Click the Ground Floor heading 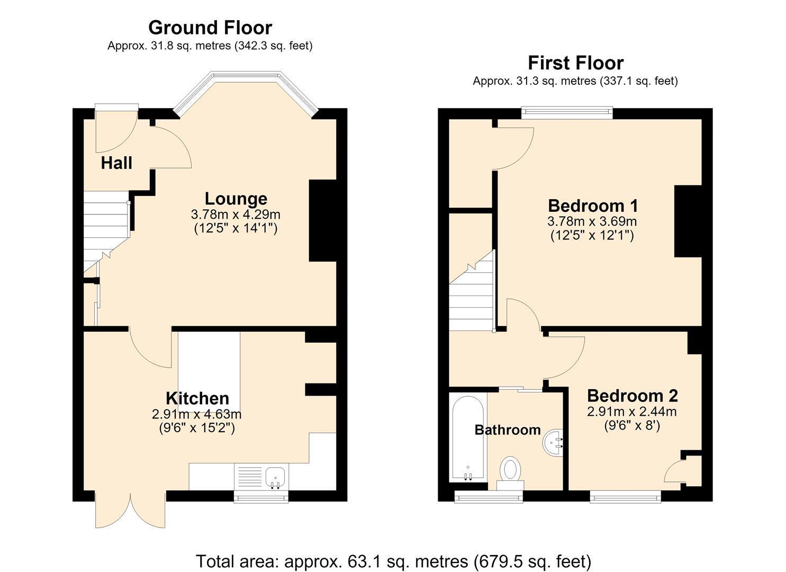(x=210, y=28)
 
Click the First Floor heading (x=576, y=63)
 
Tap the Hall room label (x=116, y=163)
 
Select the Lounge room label (x=236, y=199)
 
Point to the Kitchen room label (x=197, y=398)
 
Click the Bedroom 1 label (x=593, y=206)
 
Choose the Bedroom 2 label (x=633, y=396)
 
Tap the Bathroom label (x=508, y=430)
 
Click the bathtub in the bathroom (x=468, y=438)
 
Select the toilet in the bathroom (x=510, y=472)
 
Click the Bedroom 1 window (x=567, y=112)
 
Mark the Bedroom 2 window (x=625, y=496)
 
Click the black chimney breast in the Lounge (x=322, y=220)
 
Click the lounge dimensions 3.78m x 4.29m (x=236, y=214)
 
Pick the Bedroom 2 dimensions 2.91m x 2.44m (x=631, y=411)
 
